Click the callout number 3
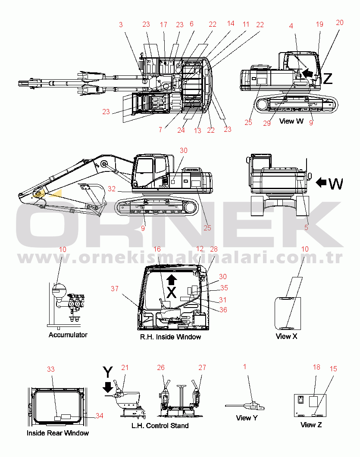121,25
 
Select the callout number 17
163,25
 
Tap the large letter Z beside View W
328,78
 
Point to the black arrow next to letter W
321,183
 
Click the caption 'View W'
291,121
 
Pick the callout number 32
112,189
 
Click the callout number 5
306,227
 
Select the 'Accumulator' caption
68,335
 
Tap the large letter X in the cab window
172,292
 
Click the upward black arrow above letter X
172,280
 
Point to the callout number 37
115,289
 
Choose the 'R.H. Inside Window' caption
170,337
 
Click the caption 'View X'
286,336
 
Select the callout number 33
51,369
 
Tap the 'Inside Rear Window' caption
58,433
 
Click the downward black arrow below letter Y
108,387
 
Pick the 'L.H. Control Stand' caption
160,426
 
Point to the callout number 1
245,367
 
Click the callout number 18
316,367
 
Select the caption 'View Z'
311,425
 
